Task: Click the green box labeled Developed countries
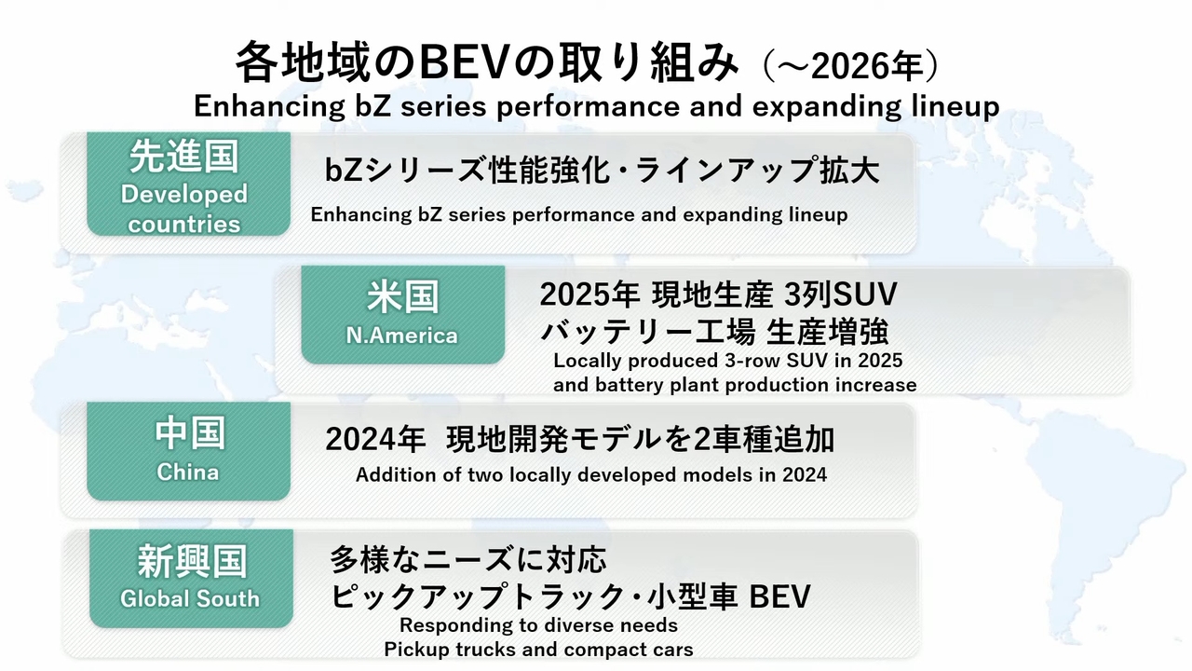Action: [x=188, y=184]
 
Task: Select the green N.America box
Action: [x=403, y=315]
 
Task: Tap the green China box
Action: [x=188, y=451]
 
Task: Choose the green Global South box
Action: [x=191, y=579]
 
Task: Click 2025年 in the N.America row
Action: [x=589, y=294]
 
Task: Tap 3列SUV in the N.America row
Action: [x=841, y=294]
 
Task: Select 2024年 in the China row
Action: [x=375, y=440]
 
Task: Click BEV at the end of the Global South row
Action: [x=780, y=596]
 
